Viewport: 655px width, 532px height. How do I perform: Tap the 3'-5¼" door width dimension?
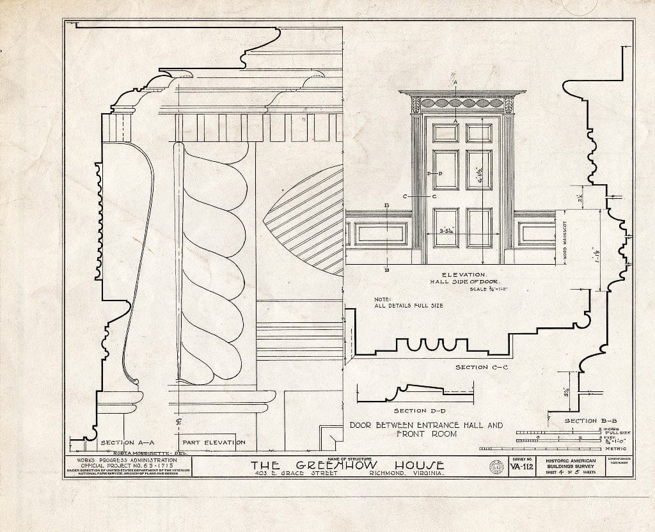coord(451,231)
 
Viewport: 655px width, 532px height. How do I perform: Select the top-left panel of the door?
coord(445,132)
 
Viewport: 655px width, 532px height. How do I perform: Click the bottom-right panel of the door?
coord(478,227)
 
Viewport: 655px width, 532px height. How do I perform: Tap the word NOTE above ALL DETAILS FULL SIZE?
coord(382,299)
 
